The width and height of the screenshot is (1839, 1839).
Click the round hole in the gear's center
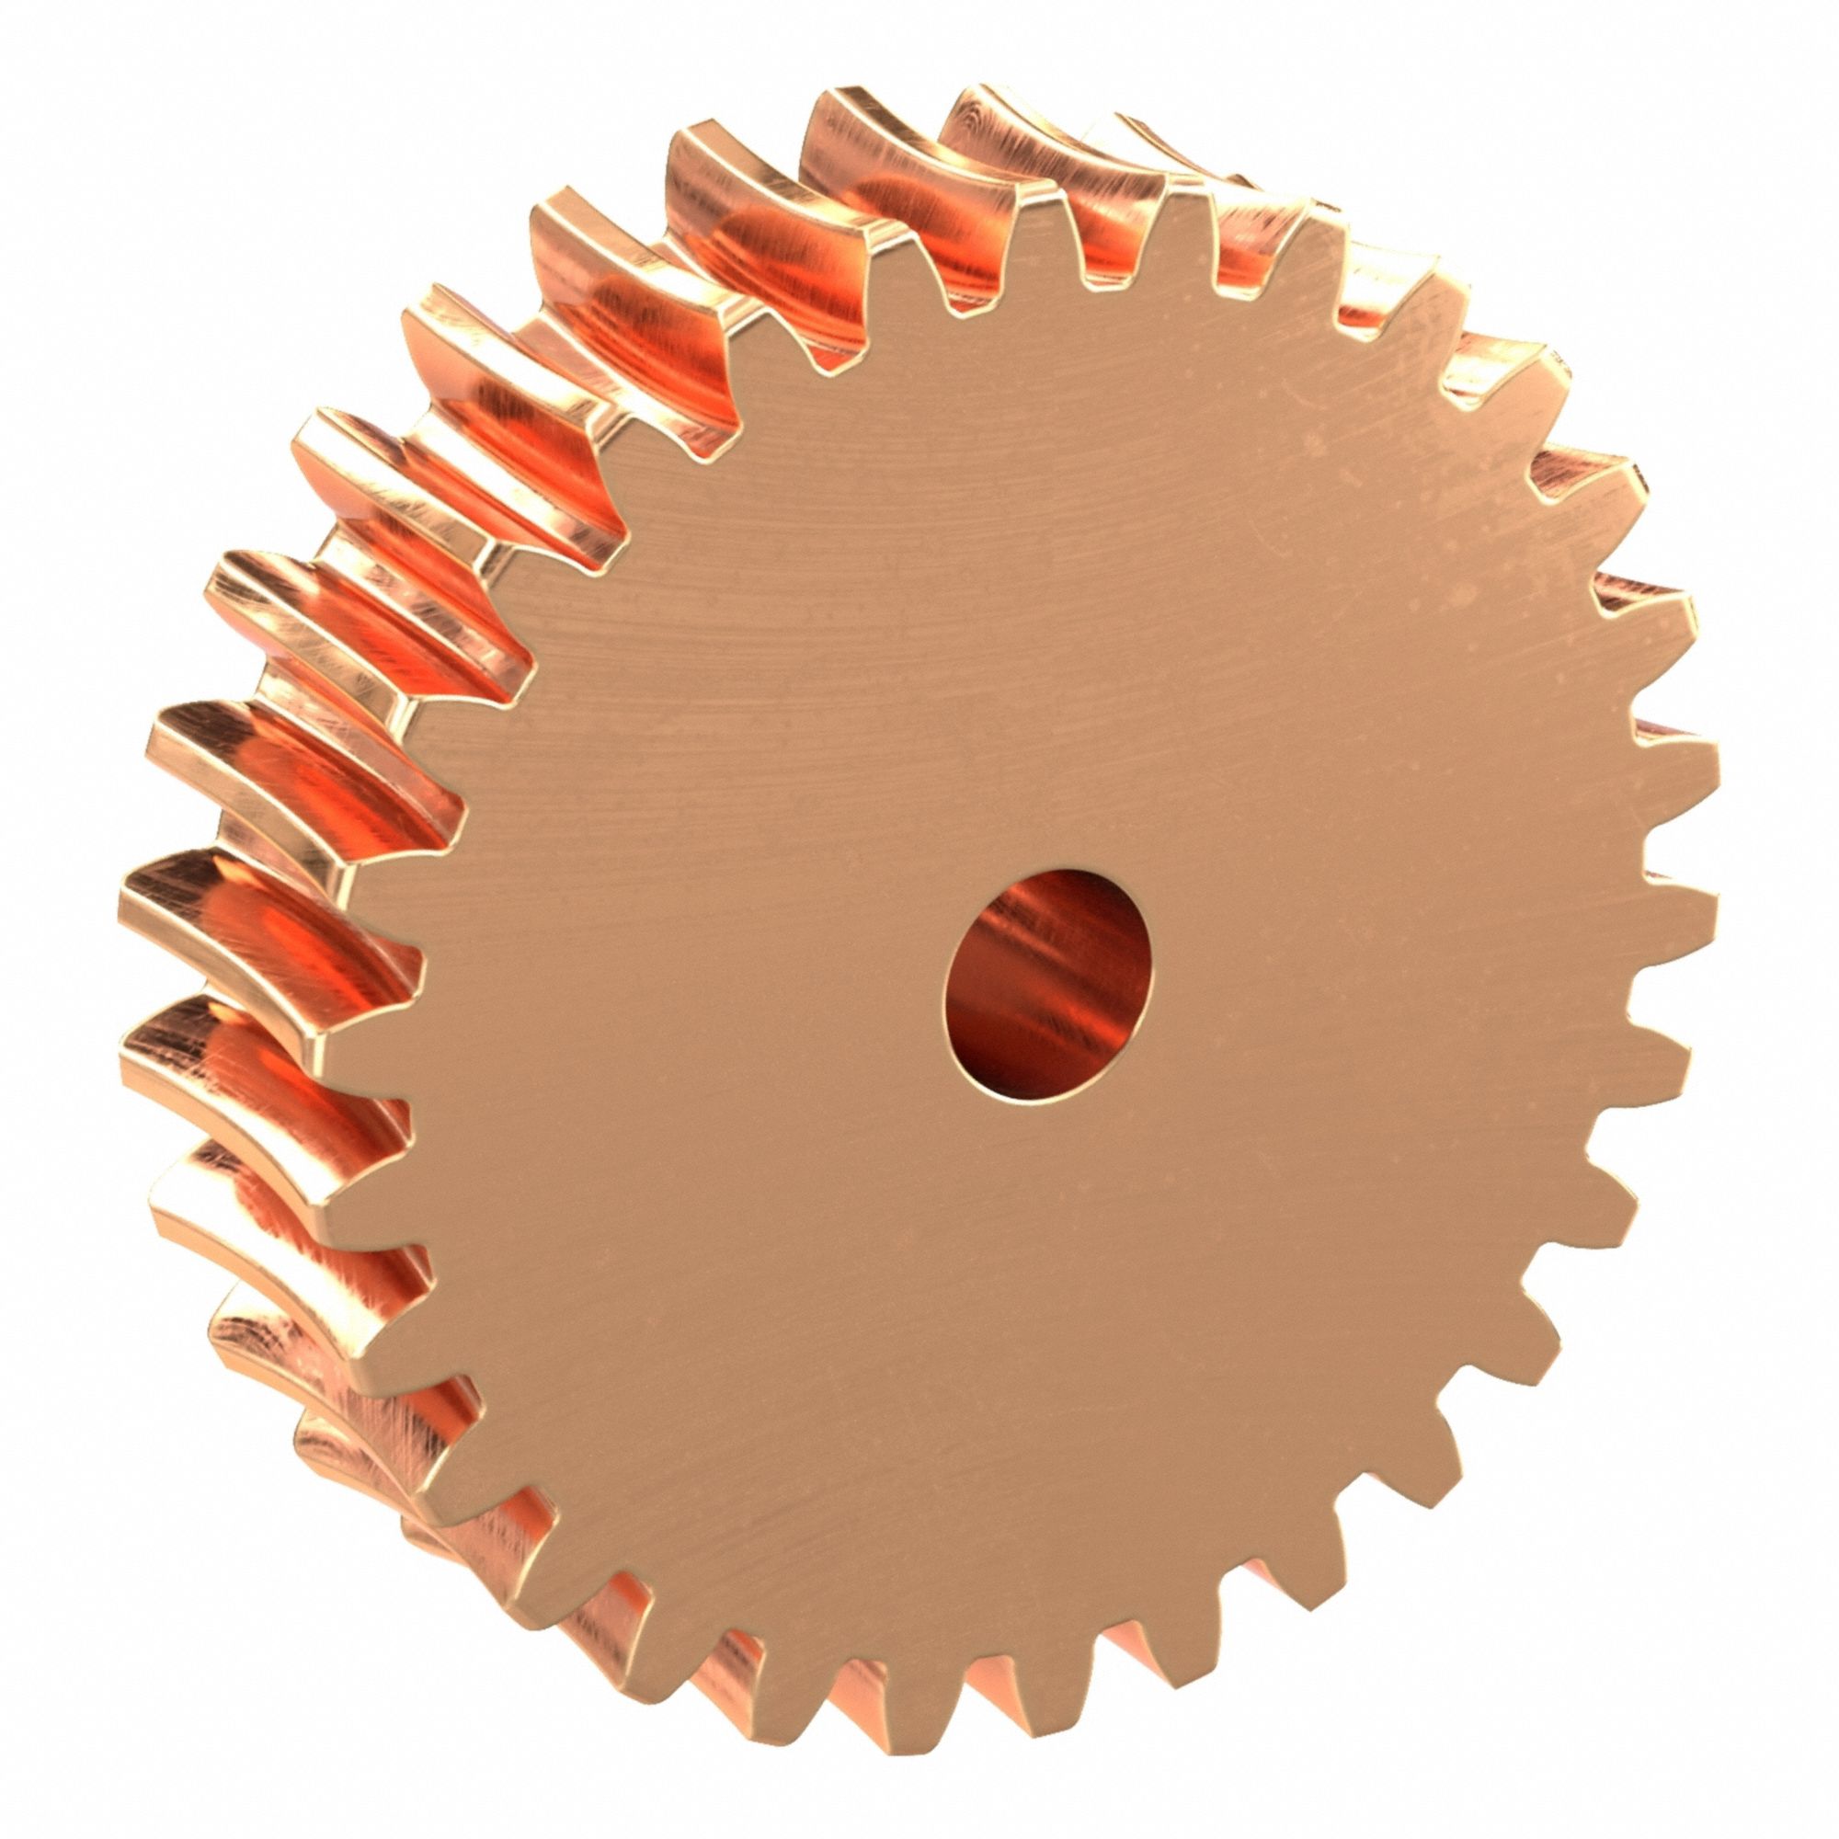point(1047,990)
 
